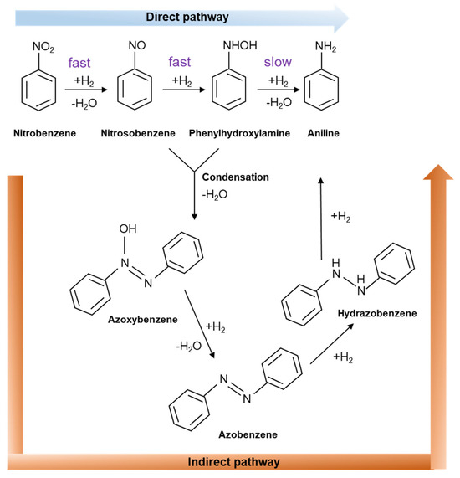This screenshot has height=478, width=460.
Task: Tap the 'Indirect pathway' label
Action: [x=235, y=461]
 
